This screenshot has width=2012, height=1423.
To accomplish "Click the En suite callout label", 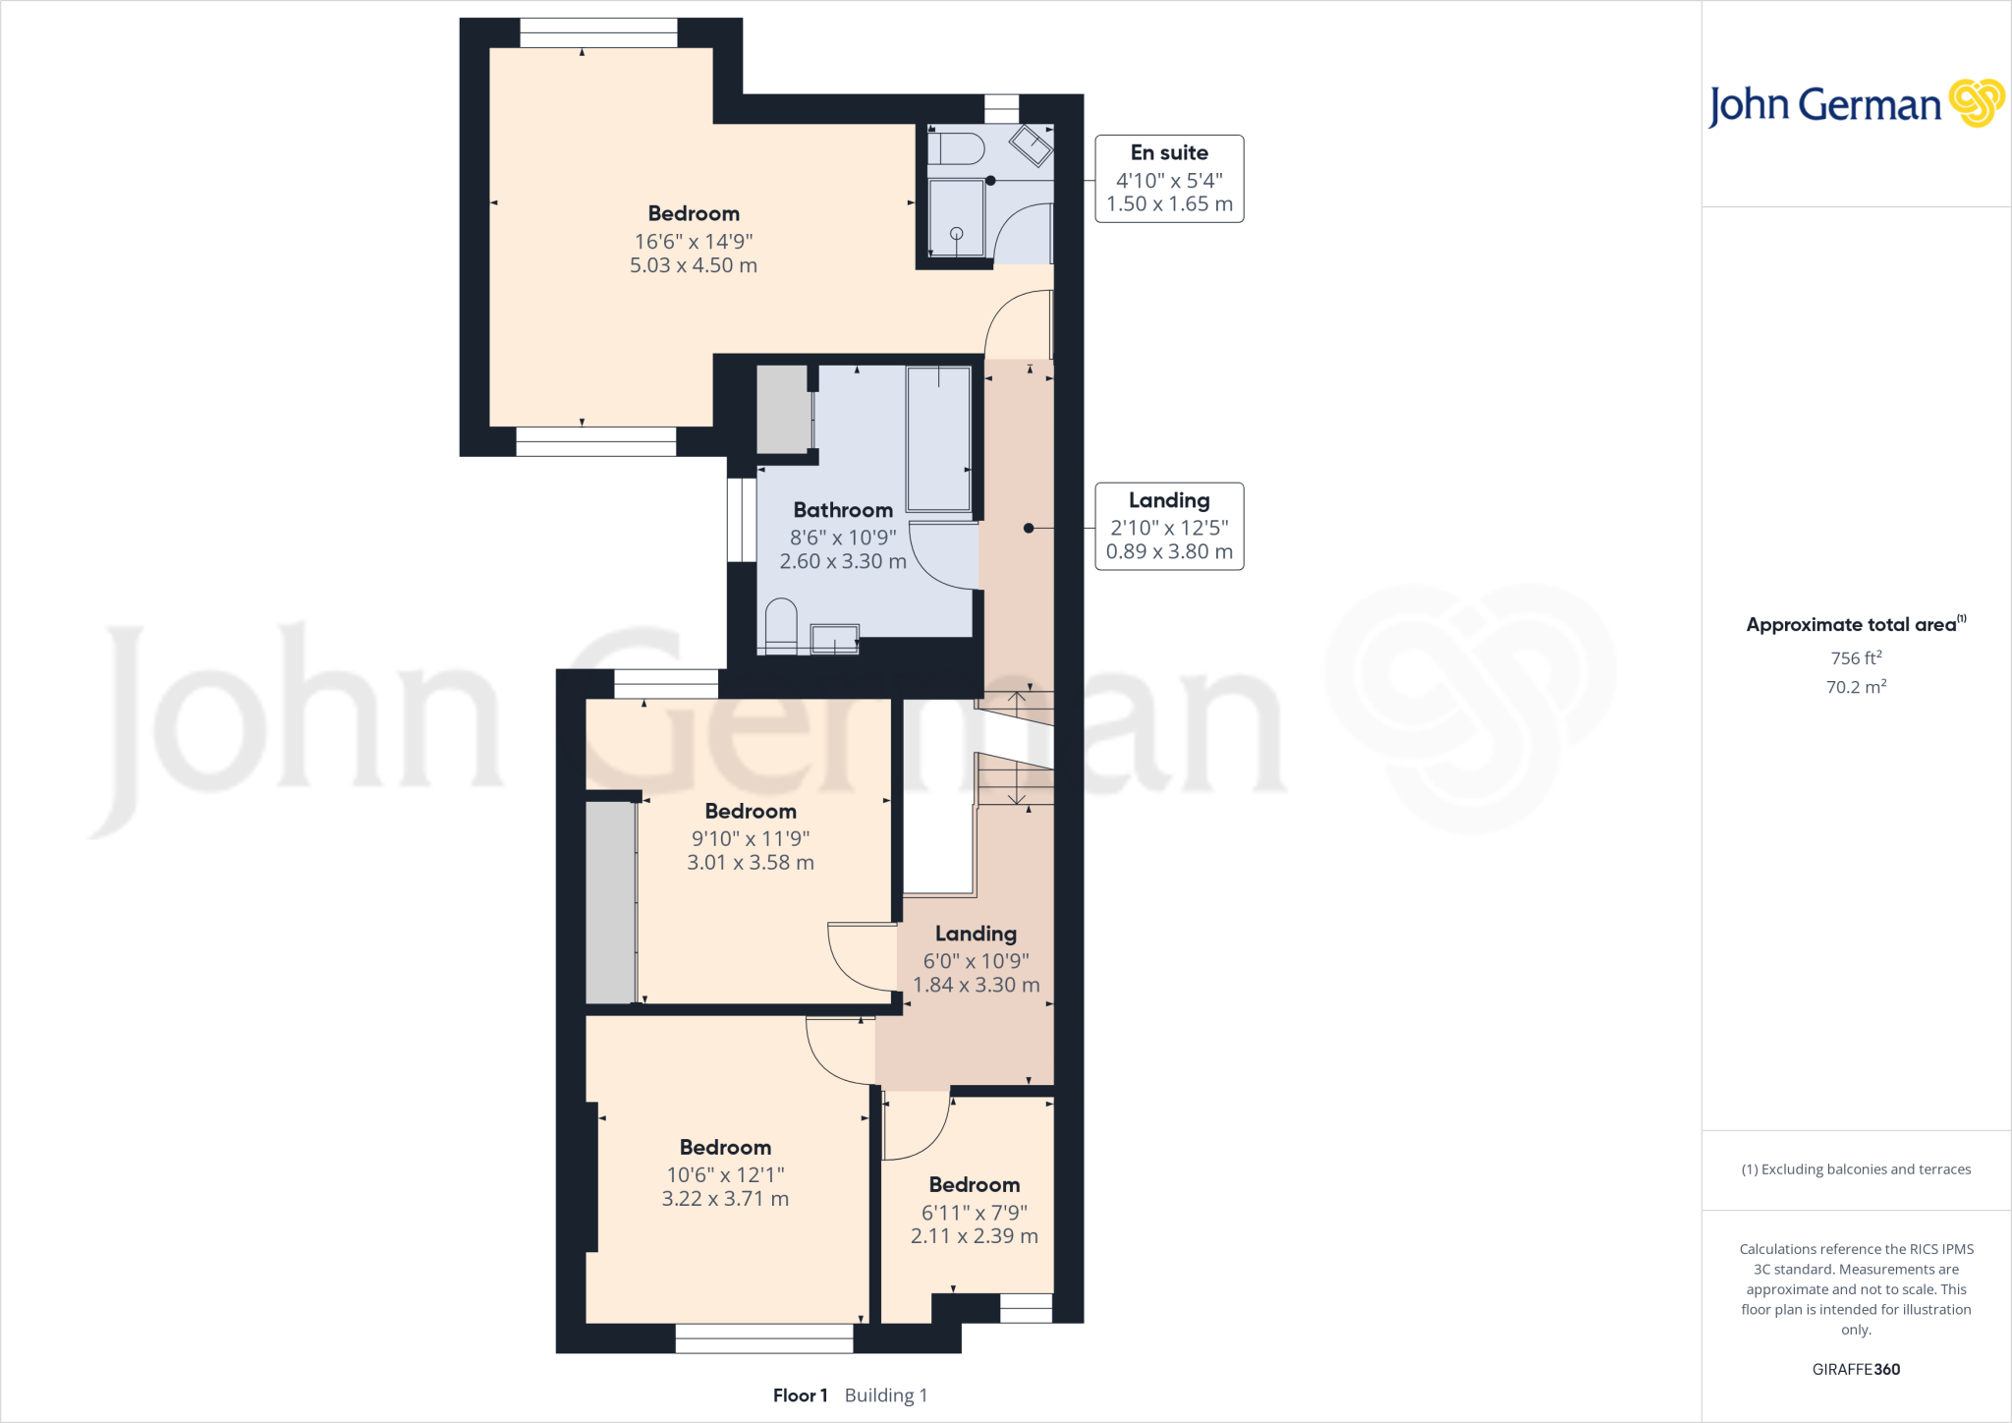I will [1169, 153].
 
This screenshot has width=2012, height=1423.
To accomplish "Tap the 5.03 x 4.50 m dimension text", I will [694, 265].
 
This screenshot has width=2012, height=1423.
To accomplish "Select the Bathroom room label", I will [843, 510].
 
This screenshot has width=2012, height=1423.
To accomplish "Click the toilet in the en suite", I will [956, 149].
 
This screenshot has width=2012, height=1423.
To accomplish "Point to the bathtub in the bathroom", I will [938, 438].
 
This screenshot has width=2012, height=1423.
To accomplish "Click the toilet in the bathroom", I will [781, 625].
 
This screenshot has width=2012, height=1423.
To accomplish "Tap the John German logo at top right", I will [1855, 104].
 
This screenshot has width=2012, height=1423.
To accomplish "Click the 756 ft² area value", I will [1856, 657].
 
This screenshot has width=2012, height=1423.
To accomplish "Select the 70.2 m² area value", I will [1856, 687].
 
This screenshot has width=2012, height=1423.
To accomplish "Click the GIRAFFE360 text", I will [1856, 1369].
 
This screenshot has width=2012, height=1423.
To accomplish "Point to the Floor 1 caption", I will [800, 1395].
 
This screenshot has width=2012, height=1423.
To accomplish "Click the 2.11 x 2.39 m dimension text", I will [974, 1236].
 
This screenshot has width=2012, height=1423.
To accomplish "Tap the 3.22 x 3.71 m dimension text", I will [725, 1199].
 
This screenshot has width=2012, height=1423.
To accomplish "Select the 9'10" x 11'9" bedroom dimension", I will [751, 838].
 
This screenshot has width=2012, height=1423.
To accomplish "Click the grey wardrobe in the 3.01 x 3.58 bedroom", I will [610, 902].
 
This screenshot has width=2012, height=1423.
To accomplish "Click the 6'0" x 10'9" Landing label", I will [976, 934].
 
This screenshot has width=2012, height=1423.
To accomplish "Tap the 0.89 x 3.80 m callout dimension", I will [1169, 552].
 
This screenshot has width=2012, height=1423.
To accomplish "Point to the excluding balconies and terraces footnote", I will [1856, 1169].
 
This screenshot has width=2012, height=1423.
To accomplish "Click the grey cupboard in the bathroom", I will [783, 409].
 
